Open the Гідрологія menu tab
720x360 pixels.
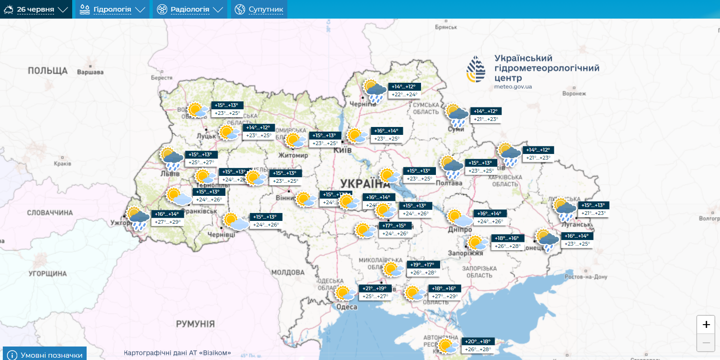point(112,9)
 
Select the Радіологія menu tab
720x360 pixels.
point(190,9)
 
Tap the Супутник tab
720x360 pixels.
point(259,9)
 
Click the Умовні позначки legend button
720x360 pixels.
point(45,355)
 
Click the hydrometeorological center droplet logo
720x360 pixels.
point(476,69)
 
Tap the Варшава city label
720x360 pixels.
point(90,72)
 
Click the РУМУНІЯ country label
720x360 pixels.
point(195,324)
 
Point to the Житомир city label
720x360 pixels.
point(293,155)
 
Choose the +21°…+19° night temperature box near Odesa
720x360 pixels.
point(374,288)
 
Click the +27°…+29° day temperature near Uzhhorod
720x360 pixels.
point(168,222)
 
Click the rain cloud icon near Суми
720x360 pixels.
point(457,115)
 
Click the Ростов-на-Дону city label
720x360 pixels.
point(585,277)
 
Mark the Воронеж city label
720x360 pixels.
point(574,93)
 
